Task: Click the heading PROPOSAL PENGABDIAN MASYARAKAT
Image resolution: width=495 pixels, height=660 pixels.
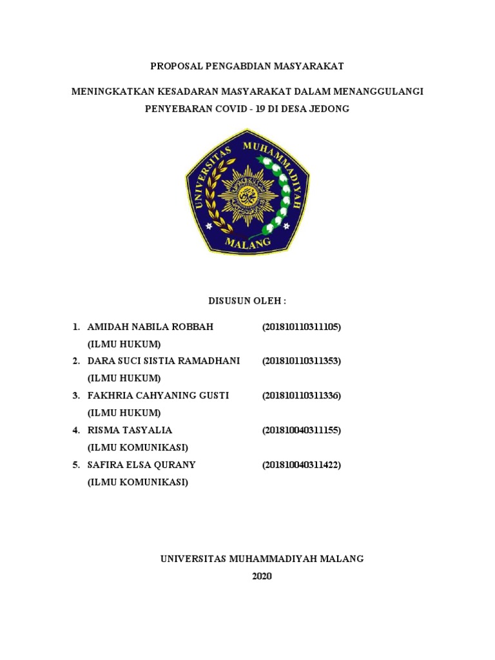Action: click(x=247, y=66)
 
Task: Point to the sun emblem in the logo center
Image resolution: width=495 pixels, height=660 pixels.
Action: click(x=247, y=191)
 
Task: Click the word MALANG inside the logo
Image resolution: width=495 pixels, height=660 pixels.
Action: click(x=247, y=243)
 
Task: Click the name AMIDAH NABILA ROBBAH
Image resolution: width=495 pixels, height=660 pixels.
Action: click(x=150, y=327)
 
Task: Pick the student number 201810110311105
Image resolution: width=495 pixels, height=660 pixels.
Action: click(x=301, y=327)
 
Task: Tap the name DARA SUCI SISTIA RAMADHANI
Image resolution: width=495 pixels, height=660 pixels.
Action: click(x=163, y=361)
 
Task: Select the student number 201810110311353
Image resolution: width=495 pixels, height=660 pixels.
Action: click(x=301, y=361)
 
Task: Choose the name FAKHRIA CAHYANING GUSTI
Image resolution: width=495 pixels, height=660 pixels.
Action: click(x=158, y=395)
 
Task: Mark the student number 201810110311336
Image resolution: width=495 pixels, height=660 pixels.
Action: click(x=301, y=395)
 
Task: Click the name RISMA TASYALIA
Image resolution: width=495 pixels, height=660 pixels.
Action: click(x=130, y=430)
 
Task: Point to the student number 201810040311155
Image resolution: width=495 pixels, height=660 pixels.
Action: click(x=301, y=430)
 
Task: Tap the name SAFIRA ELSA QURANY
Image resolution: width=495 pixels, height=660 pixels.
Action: click(x=141, y=464)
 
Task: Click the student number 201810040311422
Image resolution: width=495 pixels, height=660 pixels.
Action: click(x=301, y=464)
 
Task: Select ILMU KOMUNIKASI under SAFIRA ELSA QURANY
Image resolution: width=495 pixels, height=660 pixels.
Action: click(x=137, y=481)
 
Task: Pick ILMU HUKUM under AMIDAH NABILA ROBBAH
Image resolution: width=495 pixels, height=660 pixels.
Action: click(x=124, y=344)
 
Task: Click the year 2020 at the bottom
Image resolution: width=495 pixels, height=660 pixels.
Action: click(x=262, y=576)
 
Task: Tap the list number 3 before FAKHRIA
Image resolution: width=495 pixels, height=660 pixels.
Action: click(x=75, y=395)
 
